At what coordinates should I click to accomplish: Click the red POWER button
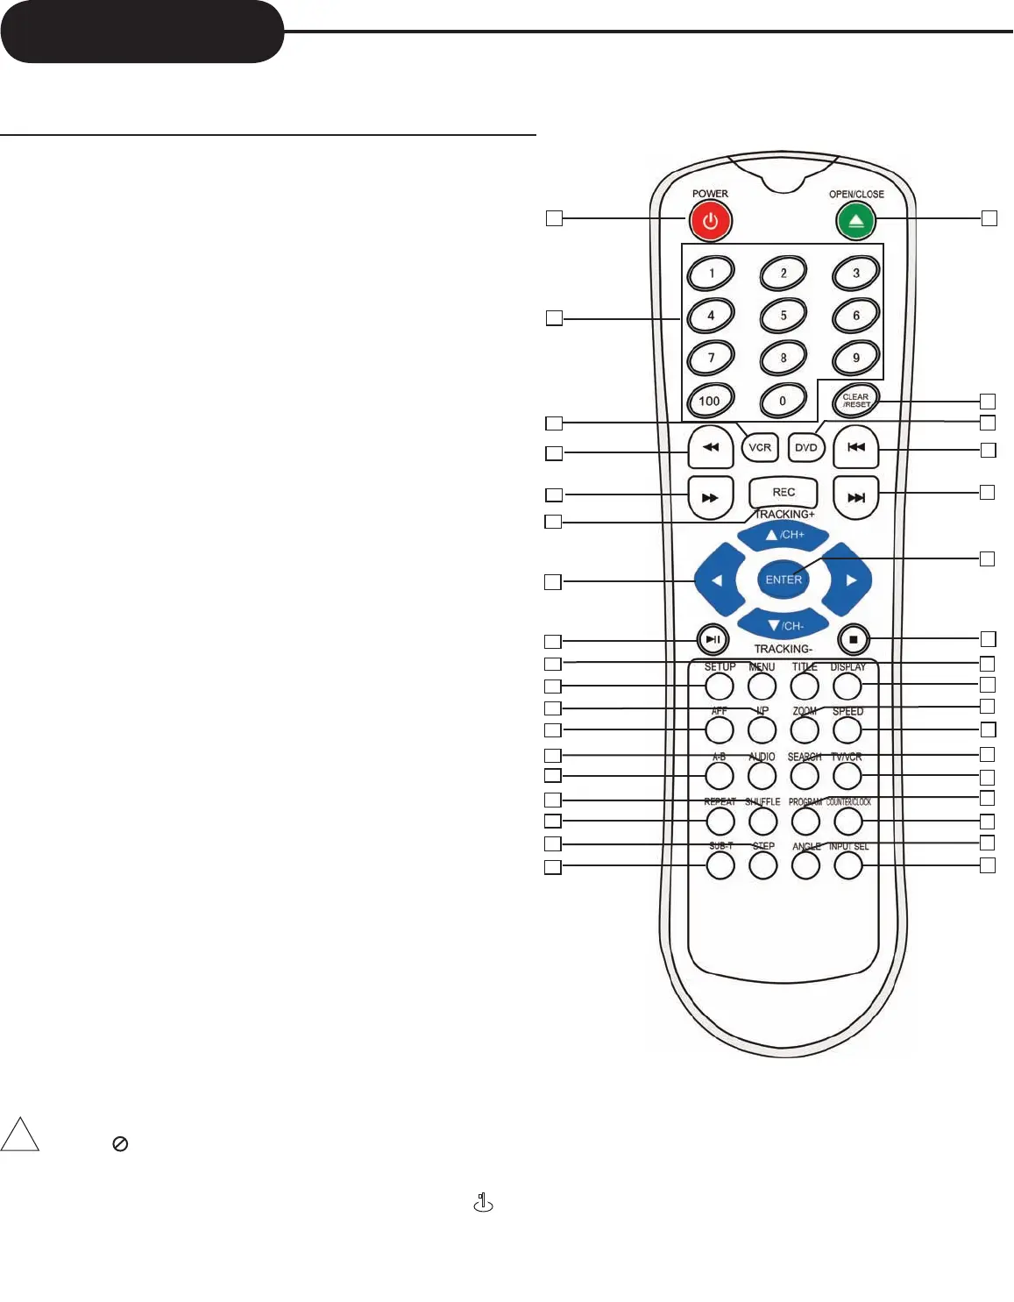pos(710,221)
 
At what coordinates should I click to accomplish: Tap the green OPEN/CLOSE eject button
pos(856,221)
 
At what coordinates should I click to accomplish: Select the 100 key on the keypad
pos(710,402)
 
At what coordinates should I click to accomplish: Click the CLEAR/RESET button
pos(855,402)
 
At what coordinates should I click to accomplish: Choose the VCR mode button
pos(760,447)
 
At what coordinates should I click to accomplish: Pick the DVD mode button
pos(805,447)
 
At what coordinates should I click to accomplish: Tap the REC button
pos(784,493)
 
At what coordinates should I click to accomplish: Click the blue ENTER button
pos(784,580)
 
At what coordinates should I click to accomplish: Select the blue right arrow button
pos(848,580)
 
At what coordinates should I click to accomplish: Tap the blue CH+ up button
pos(784,535)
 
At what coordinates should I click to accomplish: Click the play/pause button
pos(713,639)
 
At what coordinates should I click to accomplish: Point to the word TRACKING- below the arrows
pos(783,649)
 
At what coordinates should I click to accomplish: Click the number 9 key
pos(856,358)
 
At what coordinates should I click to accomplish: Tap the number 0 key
pos(783,402)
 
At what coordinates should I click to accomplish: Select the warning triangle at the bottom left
pos(20,1135)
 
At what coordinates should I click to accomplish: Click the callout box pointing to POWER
pos(554,218)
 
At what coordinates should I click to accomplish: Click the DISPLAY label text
pos(848,667)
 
